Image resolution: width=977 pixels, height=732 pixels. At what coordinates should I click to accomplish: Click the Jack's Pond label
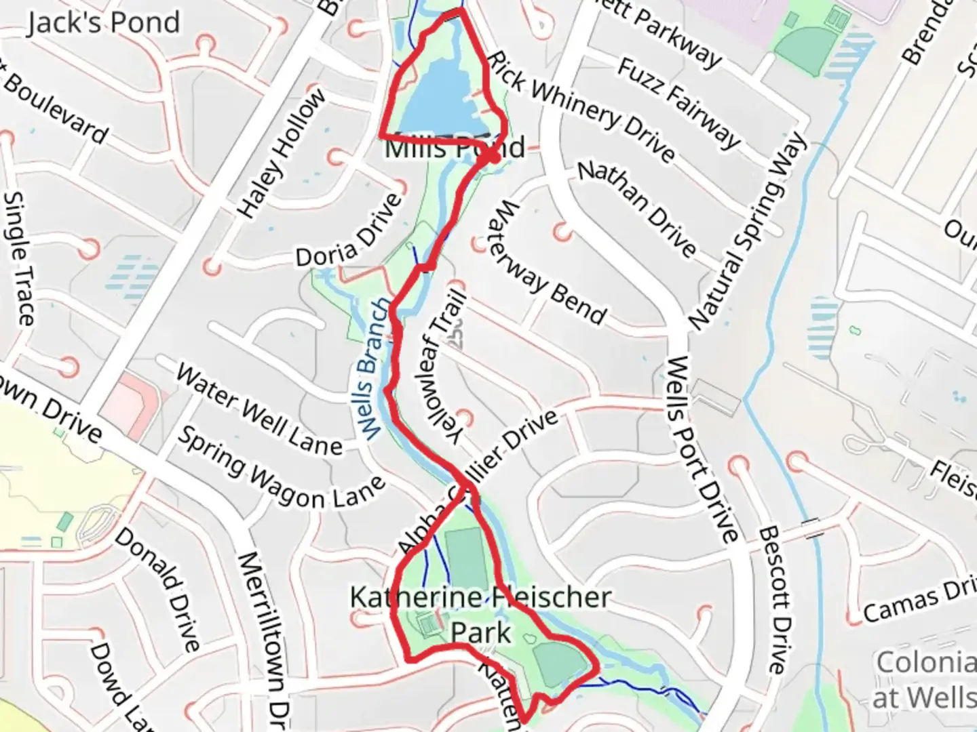104,23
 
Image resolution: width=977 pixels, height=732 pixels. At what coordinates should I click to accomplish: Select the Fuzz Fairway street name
678,103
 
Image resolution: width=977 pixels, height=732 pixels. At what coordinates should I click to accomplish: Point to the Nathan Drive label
637,209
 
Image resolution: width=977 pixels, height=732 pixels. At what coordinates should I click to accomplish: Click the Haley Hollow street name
282,154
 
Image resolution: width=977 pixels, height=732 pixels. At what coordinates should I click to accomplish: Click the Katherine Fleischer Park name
480,614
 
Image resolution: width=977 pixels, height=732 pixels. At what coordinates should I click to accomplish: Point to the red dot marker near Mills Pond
493,157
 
